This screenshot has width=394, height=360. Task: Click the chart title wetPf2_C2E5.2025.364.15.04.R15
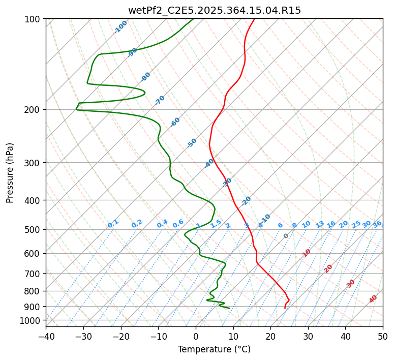214,10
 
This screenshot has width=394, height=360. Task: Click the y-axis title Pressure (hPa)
10,173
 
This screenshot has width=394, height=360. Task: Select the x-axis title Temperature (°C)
214,350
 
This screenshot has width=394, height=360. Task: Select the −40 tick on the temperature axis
46,336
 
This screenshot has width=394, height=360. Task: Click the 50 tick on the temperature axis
383,336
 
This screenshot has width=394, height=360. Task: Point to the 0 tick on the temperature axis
196,336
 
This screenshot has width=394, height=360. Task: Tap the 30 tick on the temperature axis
308,336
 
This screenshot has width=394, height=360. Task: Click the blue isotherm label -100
120,27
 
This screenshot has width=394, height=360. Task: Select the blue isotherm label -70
160,100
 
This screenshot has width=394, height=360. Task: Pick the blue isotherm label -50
192,143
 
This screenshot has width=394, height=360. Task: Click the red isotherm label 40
373,299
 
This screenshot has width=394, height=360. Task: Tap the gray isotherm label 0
286,236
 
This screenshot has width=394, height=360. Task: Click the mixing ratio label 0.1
113,224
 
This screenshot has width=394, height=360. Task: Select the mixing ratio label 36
377,224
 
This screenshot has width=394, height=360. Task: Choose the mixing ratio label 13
320,224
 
